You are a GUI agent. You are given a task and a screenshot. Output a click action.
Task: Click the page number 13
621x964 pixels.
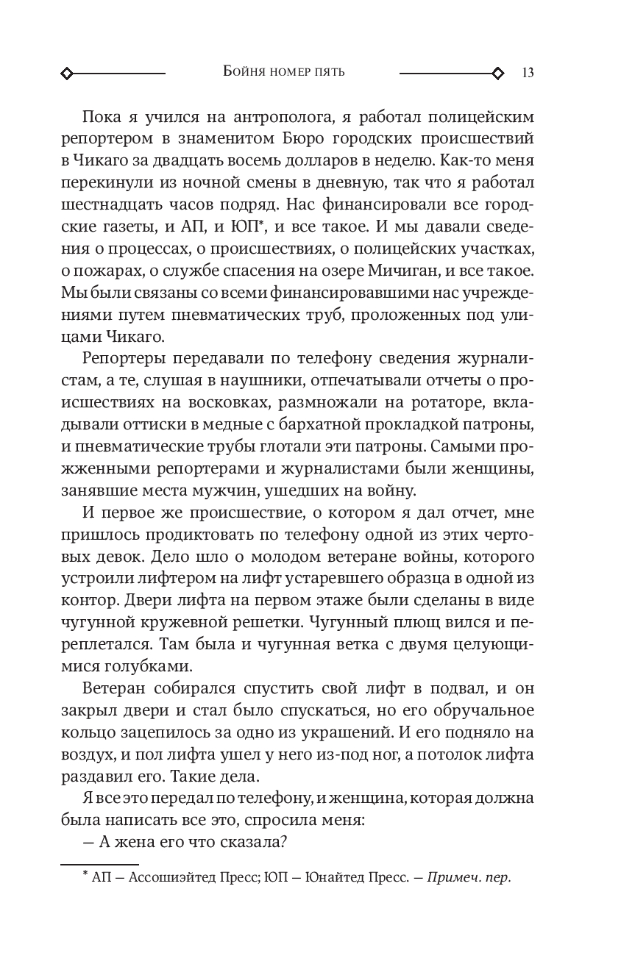[528, 73]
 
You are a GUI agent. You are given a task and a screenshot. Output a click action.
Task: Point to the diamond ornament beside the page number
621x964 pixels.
[498, 73]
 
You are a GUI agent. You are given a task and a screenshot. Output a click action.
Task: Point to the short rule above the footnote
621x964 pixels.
[99, 865]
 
